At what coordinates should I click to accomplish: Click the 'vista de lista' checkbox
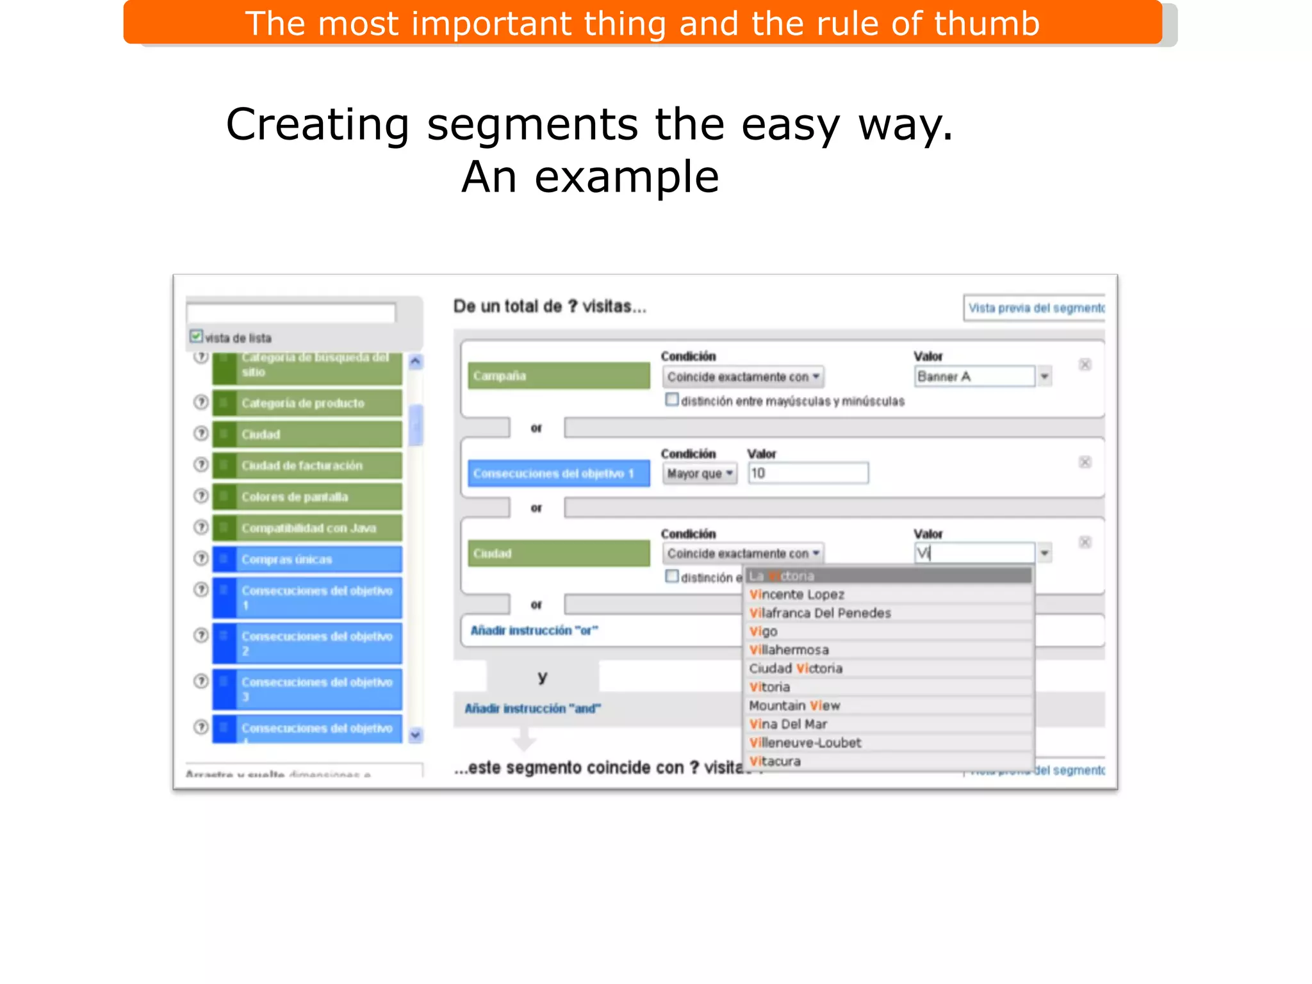click(196, 336)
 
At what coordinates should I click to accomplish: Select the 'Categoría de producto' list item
click(307, 403)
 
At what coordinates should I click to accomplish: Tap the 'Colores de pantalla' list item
click(307, 496)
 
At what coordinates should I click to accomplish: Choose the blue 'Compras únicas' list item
click(307, 559)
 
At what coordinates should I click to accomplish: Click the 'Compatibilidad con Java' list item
click(307, 528)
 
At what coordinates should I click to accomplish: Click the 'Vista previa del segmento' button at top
click(1035, 308)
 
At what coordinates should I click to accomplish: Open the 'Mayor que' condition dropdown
click(699, 473)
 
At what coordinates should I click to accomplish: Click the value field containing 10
click(808, 473)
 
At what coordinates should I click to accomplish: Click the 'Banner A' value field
click(974, 377)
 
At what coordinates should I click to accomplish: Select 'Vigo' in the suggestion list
click(764, 632)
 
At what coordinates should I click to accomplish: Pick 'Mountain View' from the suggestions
click(794, 706)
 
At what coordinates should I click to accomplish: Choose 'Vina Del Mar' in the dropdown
click(789, 725)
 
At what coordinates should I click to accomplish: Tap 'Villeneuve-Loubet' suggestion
click(805, 743)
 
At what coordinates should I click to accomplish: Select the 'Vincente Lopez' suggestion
click(797, 594)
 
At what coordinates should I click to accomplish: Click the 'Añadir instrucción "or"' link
click(534, 631)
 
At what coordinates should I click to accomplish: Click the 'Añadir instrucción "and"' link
click(532, 709)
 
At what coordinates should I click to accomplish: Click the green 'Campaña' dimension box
click(559, 376)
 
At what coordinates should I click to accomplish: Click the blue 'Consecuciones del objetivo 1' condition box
click(559, 473)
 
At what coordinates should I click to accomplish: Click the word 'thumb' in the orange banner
click(987, 24)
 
